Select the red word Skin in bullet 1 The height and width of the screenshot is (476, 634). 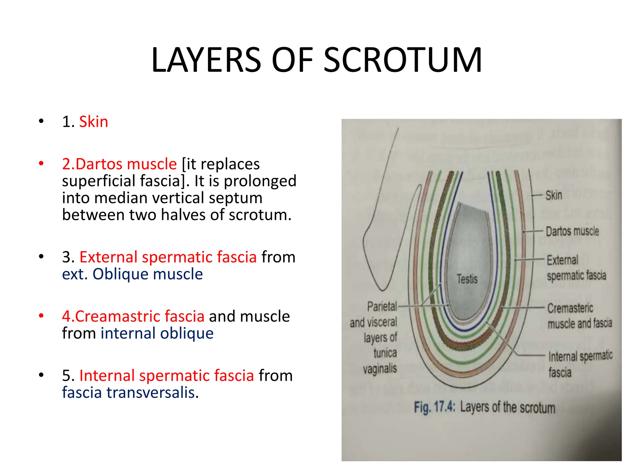[x=93, y=121]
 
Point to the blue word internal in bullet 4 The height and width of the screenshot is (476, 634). [x=128, y=333]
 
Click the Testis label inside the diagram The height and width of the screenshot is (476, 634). [x=467, y=279]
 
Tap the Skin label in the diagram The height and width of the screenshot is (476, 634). [x=554, y=195]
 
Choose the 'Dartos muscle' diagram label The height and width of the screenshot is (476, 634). [x=572, y=231]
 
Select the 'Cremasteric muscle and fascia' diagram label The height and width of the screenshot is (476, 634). [x=579, y=316]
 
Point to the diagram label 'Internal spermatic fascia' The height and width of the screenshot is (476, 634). [x=580, y=364]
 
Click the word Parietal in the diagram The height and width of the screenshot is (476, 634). [x=382, y=306]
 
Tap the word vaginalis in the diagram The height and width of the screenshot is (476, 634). [x=380, y=369]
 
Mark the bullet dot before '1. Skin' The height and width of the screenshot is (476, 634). [x=41, y=121]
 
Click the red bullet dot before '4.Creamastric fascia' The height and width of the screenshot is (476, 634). [x=41, y=316]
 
